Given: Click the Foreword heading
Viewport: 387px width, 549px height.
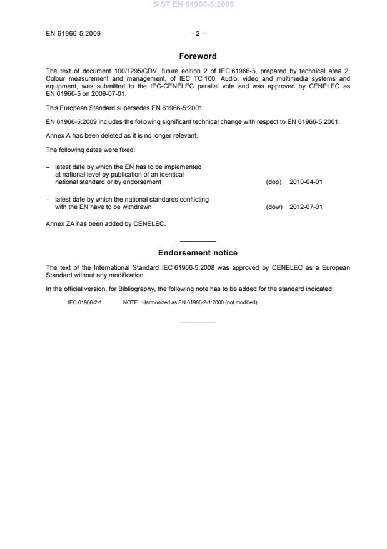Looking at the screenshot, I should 198,56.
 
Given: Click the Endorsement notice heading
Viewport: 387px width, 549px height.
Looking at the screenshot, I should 198,253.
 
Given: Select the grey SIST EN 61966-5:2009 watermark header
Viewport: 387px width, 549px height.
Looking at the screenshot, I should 194,5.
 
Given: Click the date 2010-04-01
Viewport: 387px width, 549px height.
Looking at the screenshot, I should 306,182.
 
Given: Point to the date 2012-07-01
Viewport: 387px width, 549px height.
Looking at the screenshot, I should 306,207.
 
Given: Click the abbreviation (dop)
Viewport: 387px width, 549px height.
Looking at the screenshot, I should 274,182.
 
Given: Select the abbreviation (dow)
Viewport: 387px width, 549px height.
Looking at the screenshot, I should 274,207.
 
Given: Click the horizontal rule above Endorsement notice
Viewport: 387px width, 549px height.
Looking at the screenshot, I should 198,242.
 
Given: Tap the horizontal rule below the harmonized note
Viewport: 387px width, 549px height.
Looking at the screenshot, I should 198,322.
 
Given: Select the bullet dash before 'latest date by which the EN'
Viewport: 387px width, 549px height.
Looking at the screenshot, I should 48,167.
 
